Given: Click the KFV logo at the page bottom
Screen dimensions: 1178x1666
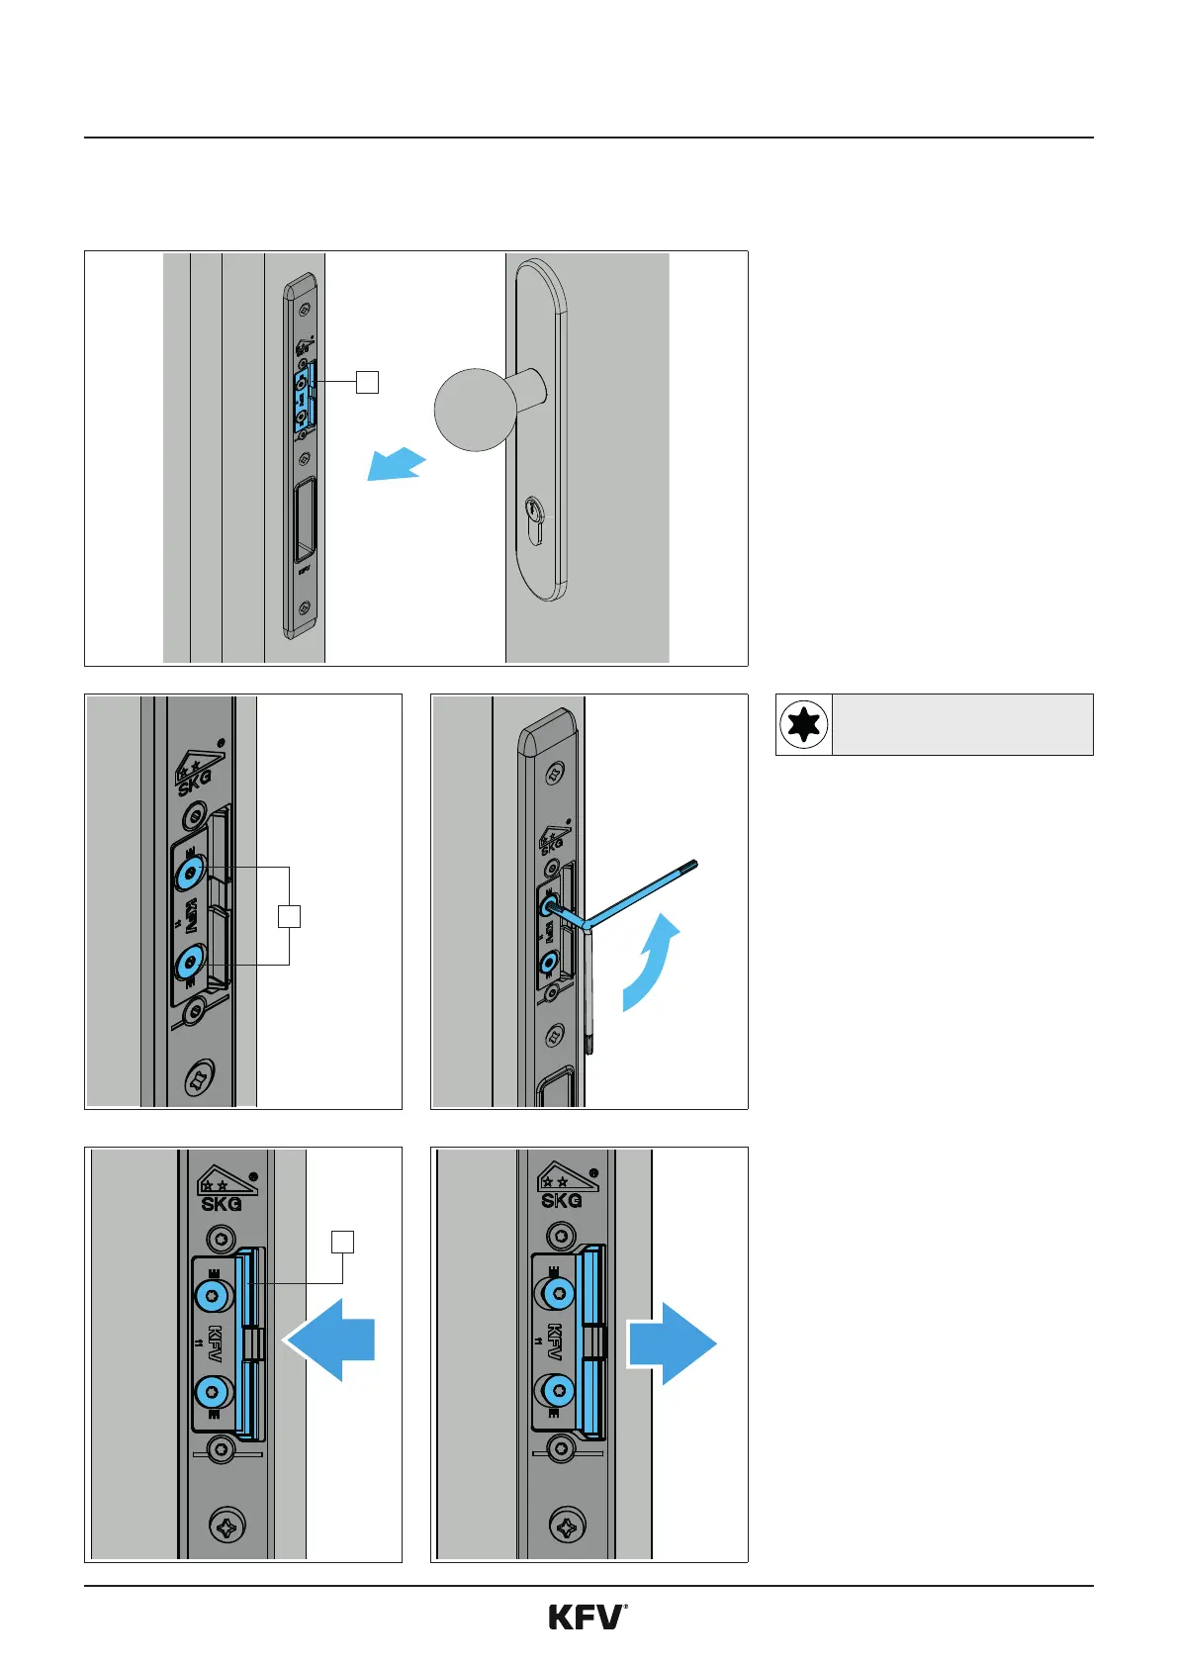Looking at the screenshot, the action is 588,1618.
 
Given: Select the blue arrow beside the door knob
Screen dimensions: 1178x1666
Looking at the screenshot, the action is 396,464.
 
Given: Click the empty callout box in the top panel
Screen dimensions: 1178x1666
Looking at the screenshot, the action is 367,381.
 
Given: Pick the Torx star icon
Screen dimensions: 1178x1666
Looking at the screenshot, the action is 804,725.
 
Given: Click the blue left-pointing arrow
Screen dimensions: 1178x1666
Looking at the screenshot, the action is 331,1340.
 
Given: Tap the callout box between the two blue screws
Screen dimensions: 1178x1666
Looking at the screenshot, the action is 289,916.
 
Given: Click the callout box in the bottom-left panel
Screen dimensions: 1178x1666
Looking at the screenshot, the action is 342,1243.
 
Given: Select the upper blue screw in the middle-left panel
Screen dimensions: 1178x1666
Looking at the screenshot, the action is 189,872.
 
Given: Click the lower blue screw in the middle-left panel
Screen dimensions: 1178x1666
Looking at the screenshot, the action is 189,963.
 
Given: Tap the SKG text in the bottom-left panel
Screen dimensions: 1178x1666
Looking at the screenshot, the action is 221,1204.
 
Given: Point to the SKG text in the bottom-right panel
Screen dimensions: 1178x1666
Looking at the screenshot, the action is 561,1200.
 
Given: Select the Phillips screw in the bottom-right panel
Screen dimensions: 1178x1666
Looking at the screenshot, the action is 567,1527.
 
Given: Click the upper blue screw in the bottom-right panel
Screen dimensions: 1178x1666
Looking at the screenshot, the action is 559,1293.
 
